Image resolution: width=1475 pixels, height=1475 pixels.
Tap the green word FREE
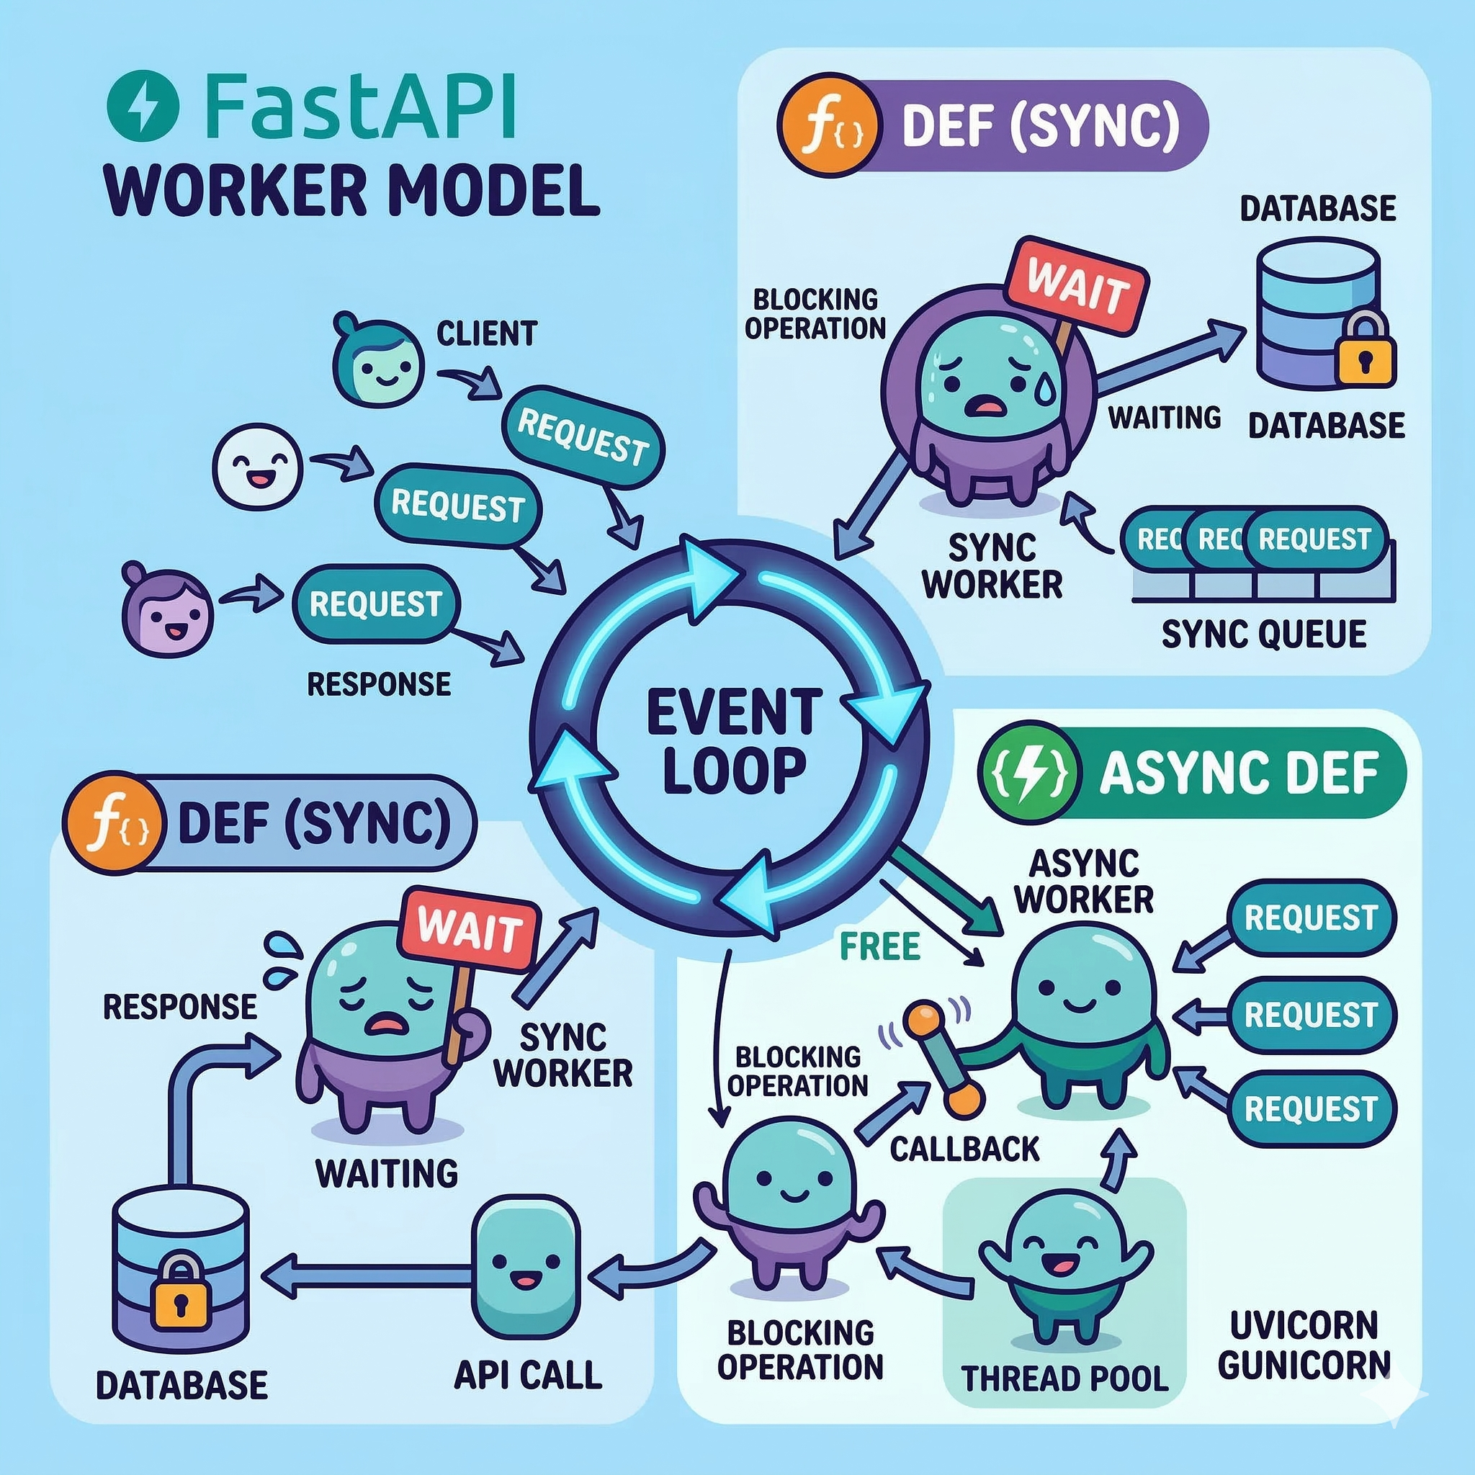[x=879, y=946]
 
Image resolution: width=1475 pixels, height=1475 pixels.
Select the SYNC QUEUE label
[x=1263, y=635]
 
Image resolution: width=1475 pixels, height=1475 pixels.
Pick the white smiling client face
[x=256, y=467]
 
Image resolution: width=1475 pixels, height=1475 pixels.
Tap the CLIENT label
[x=486, y=333]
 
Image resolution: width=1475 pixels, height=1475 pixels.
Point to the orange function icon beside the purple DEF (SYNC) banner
[x=828, y=126]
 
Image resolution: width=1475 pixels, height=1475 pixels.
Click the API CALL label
[x=527, y=1375]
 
